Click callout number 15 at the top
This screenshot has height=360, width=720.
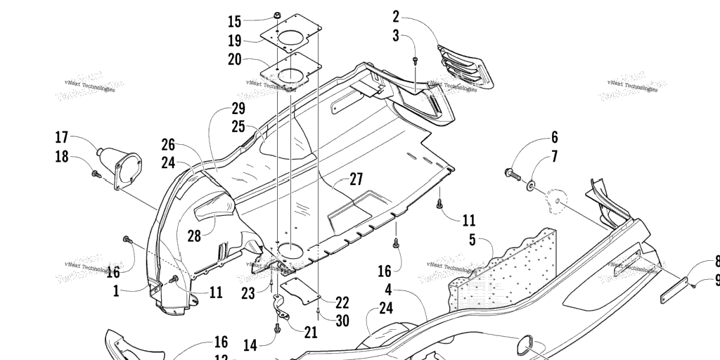(234, 21)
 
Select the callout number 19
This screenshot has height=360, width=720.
(234, 40)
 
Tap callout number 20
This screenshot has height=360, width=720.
(234, 59)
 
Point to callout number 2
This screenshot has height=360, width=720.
(395, 15)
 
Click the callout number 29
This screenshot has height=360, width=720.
(238, 109)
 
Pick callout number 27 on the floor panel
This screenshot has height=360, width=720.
(356, 179)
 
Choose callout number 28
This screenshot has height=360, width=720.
(193, 235)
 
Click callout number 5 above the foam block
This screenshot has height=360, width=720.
(472, 240)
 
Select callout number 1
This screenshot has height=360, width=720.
(117, 289)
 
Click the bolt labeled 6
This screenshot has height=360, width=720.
(512, 172)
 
